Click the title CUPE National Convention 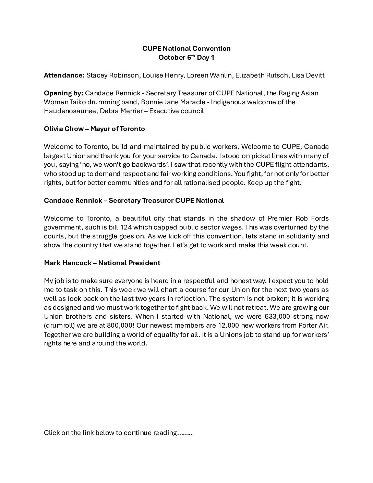[x=186, y=48]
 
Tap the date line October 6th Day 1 [x=186, y=57]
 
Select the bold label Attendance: [x=64, y=75]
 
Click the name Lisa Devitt [x=308, y=75]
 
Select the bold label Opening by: [x=63, y=93]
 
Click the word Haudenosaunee [x=67, y=111]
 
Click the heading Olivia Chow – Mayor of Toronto [x=94, y=129]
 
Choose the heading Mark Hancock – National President [x=102, y=263]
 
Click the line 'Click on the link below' [x=118, y=433]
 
